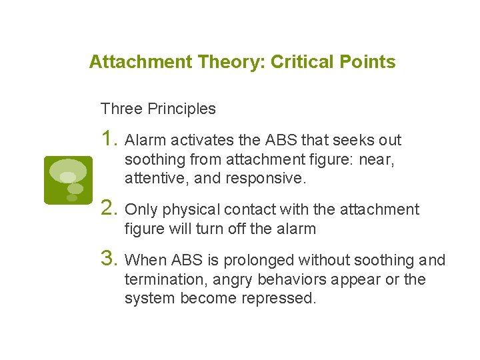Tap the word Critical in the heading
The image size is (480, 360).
coord(295,62)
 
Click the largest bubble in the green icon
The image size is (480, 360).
coord(69,169)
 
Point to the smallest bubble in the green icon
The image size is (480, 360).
coord(71,198)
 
